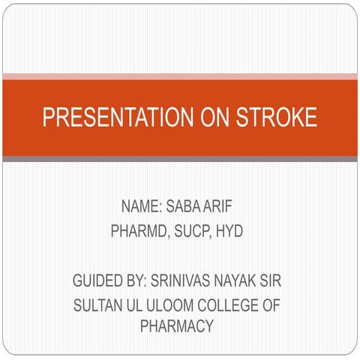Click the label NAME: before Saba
pyautogui.click(x=140, y=206)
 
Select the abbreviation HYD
pyautogui.click(x=230, y=232)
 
